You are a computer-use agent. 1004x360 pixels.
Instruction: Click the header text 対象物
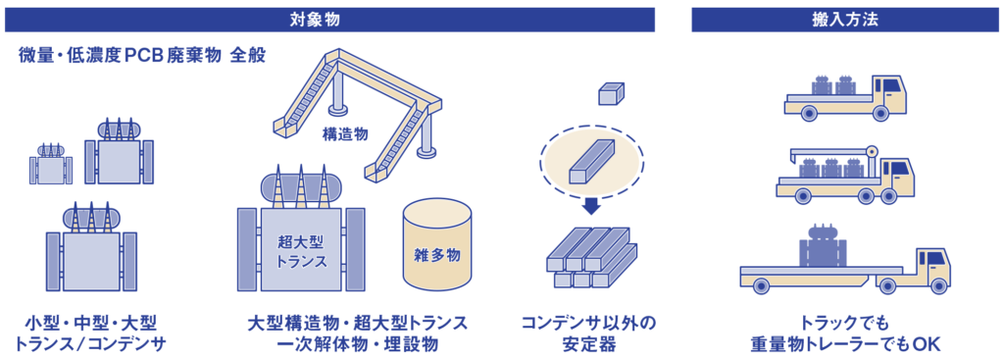329,18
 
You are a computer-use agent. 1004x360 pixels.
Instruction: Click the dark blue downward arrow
590,206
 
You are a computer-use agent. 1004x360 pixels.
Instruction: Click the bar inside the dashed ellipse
590,159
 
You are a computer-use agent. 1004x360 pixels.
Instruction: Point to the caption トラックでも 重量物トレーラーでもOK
845,333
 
